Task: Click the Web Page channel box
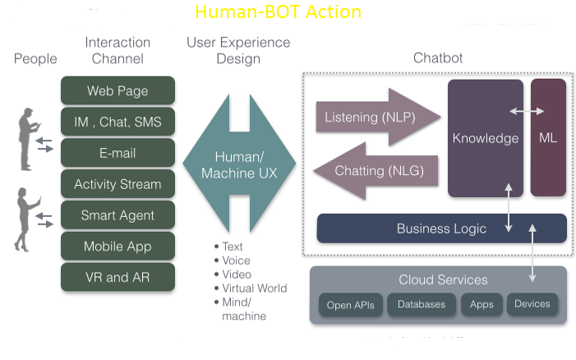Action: pos(118,90)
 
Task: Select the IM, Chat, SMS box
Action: pos(118,122)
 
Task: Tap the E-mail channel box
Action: pos(118,153)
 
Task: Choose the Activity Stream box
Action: pos(118,184)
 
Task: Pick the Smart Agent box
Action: pos(118,215)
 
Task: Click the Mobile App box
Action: pos(118,247)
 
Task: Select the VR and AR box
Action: pos(118,277)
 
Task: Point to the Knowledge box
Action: pos(485,138)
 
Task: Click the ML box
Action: pos(548,138)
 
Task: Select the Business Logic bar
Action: pos(441,228)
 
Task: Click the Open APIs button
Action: pos(350,305)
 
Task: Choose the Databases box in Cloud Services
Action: pos(422,304)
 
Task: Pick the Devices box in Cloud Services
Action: pos(532,304)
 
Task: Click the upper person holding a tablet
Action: pos(29,138)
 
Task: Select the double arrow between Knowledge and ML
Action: pos(526,110)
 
